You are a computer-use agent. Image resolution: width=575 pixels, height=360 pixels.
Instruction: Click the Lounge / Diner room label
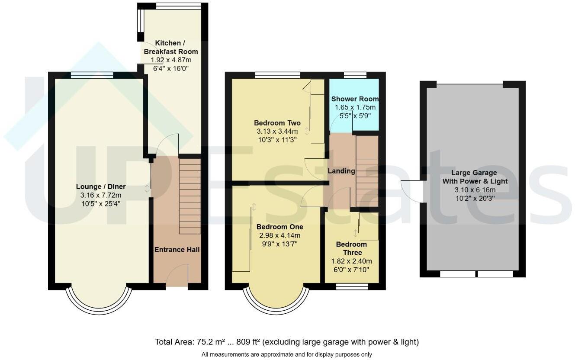click(101, 186)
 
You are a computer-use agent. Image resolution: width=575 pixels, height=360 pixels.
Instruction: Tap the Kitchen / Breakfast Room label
click(171, 47)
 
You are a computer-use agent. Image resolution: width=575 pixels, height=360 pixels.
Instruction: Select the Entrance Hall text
click(177, 250)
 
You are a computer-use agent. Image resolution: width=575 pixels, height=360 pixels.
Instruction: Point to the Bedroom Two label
click(277, 123)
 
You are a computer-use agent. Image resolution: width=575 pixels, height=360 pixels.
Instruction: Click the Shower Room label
click(355, 99)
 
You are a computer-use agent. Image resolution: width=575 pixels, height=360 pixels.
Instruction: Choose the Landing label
click(341, 171)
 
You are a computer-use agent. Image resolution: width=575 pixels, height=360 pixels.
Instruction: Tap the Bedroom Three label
click(351, 248)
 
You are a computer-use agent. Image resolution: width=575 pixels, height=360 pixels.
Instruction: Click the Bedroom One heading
click(280, 227)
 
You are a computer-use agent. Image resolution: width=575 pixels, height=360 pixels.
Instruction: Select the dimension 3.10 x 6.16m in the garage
click(475, 190)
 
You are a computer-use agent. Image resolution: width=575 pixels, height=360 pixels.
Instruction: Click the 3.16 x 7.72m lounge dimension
click(101, 195)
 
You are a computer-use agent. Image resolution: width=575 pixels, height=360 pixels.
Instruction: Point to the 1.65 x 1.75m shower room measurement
click(355, 107)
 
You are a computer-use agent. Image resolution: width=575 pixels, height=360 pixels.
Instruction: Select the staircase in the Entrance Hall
click(190, 196)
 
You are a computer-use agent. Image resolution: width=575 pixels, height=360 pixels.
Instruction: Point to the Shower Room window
click(355, 75)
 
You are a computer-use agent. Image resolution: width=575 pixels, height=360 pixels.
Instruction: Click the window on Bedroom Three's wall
click(352, 286)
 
